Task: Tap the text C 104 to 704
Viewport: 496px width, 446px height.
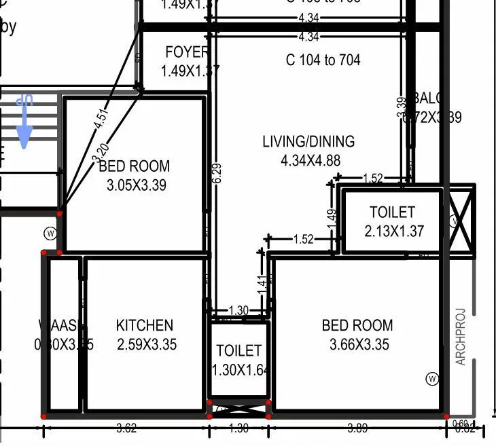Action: [323, 60]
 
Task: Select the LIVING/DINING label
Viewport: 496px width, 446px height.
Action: [308, 141]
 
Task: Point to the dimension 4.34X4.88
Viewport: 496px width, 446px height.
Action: [310, 160]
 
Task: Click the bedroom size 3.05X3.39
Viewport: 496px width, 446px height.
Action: [137, 184]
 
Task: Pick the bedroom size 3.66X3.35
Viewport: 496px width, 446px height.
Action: [359, 344]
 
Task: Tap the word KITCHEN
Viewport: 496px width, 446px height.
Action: [144, 325]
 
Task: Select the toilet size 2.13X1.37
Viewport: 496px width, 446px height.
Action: [394, 231]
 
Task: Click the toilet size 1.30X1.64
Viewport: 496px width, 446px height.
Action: [240, 370]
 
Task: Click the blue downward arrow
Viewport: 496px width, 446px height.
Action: [24, 122]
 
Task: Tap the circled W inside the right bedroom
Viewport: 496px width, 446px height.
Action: [432, 379]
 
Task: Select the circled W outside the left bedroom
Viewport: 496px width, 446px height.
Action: [50, 234]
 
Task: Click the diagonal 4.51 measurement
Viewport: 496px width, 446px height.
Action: [101, 115]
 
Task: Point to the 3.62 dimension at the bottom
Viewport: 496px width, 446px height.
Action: [126, 428]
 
